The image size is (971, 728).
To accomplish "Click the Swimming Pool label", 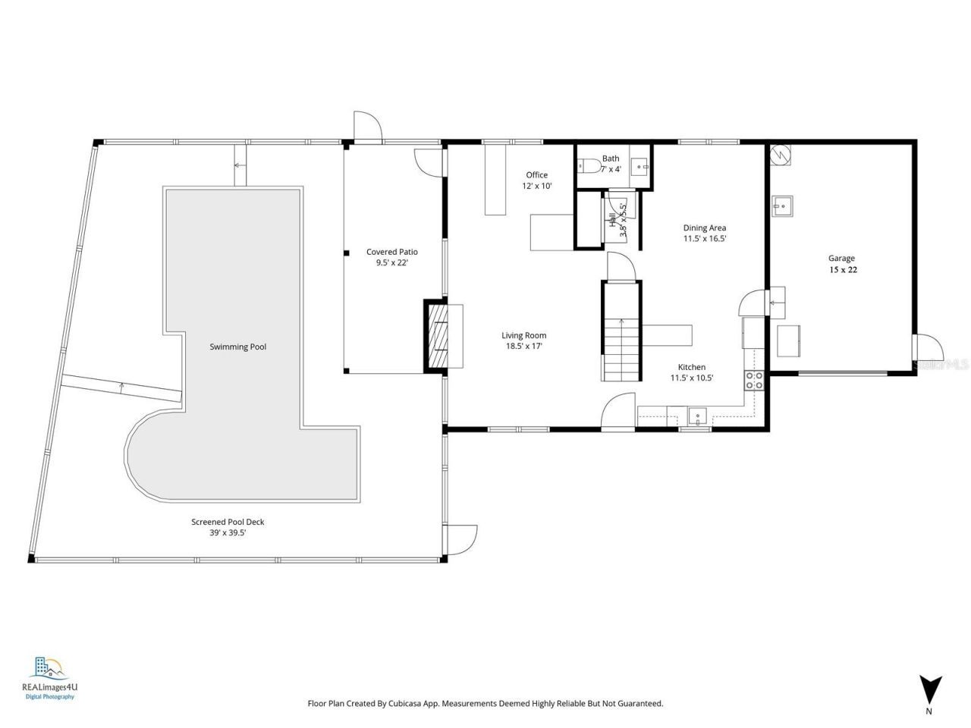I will pos(237,347).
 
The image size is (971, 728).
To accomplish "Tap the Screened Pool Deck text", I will pos(228,522).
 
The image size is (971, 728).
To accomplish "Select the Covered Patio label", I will pos(391,252).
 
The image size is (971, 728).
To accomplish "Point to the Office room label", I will pos(536,175).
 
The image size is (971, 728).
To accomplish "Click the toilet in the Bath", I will pos(586,166).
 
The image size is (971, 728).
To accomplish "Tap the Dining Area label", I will pos(705,227).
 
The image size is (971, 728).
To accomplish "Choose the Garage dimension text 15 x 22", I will pos(842,269).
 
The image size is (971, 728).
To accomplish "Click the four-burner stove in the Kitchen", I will pos(754,381).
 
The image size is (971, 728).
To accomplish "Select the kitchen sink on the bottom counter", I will pos(697,416).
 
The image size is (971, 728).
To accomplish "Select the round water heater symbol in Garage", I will pos(780,155).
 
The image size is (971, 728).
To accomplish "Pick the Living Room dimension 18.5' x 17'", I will pos(523,346).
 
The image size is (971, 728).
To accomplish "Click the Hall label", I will pos(612,220).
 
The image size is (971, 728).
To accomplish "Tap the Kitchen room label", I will pos(691,367).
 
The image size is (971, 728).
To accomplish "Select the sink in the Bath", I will pos(641,165).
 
